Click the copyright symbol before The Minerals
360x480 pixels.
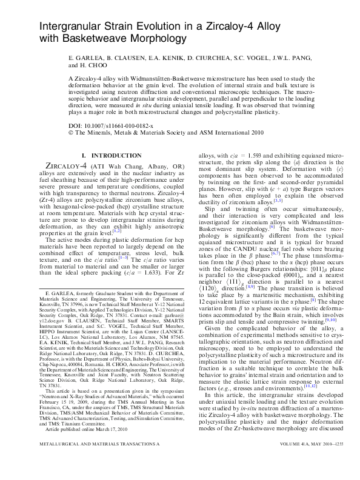pos(72,131)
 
